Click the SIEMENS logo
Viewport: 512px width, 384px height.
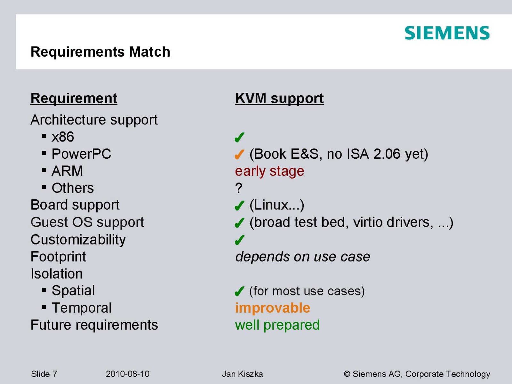click(x=447, y=33)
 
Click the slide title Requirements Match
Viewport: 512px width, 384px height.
click(x=100, y=52)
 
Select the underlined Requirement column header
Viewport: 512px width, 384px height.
click(x=74, y=98)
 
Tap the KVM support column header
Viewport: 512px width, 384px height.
click(x=279, y=98)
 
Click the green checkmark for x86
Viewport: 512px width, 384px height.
click(x=240, y=137)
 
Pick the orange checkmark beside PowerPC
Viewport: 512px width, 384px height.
click(x=240, y=154)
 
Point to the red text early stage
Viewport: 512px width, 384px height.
click(x=269, y=172)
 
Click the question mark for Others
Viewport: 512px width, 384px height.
click(x=239, y=188)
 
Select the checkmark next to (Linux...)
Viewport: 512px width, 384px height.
click(x=240, y=206)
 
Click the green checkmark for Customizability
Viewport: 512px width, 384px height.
click(x=240, y=240)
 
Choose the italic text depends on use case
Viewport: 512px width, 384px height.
click(x=302, y=257)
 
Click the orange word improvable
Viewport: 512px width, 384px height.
click(x=273, y=308)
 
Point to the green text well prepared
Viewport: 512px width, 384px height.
click(x=277, y=325)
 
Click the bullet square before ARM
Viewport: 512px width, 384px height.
click(x=44, y=170)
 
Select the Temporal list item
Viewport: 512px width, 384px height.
click(x=82, y=308)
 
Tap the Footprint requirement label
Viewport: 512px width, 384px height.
click(x=58, y=257)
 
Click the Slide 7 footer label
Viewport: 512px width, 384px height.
click(x=44, y=374)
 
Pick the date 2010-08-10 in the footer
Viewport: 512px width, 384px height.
click(x=128, y=374)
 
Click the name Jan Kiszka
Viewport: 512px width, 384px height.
click(x=242, y=374)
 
